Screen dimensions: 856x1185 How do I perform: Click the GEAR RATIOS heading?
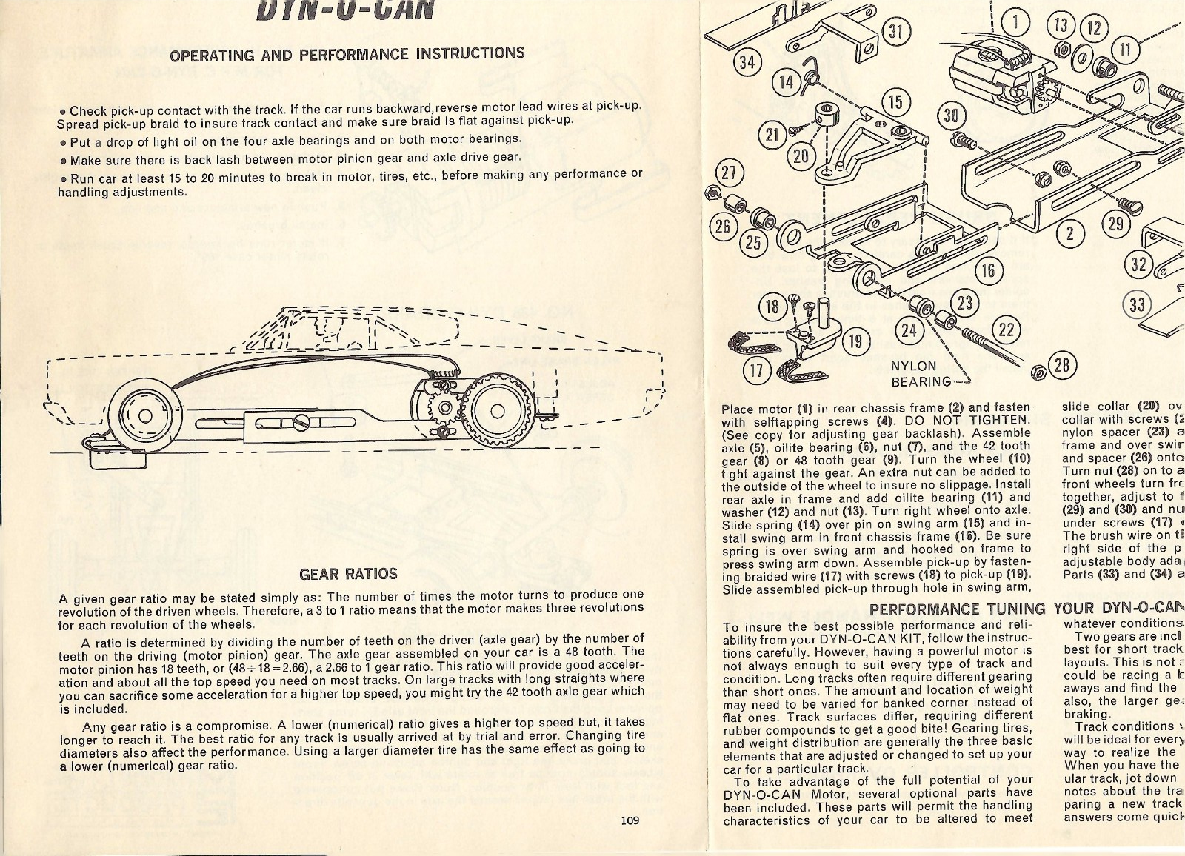tap(348, 574)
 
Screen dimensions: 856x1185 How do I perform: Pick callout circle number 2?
tap(1069, 233)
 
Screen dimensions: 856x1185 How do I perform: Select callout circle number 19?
tap(855, 341)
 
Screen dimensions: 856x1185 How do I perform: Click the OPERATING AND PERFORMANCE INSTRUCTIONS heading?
tap(347, 54)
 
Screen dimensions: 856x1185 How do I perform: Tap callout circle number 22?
tap(1007, 330)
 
